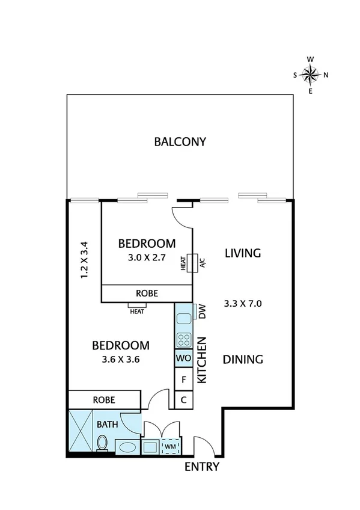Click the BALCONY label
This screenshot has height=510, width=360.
pyautogui.click(x=180, y=142)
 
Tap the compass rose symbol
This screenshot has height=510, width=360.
pyautogui.click(x=310, y=75)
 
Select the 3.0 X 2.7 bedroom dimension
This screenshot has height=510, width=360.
pyautogui.click(x=147, y=256)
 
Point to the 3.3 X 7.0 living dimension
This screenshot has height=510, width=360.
pyautogui.click(x=242, y=303)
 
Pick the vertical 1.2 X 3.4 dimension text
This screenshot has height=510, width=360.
pyautogui.click(x=84, y=259)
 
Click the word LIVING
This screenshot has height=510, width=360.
pyautogui.click(x=242, y=253)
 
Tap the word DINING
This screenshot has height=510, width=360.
pyautogui.click(x=243, y=360)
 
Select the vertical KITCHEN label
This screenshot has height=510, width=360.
pyautogui.click(x=203, y=360)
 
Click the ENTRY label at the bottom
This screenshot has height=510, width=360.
pyautogui.click(x=201, y=467)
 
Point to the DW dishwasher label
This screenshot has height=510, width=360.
pyautogui.click(x=202, y=312)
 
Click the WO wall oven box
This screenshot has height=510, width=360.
pyautogui.click(x=183, y=358)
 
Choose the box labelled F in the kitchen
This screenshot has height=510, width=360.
pyautogui.click(x=183, y=379)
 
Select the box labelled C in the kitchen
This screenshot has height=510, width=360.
pyautogui.click(x=183, y=400)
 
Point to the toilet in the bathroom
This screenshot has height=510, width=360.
pyautogui.click(x=102, y=444)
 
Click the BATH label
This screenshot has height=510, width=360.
pyautogui.click(x=108, y=424)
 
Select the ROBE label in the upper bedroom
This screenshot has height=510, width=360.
pyautogui.click(x=147, y=293)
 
